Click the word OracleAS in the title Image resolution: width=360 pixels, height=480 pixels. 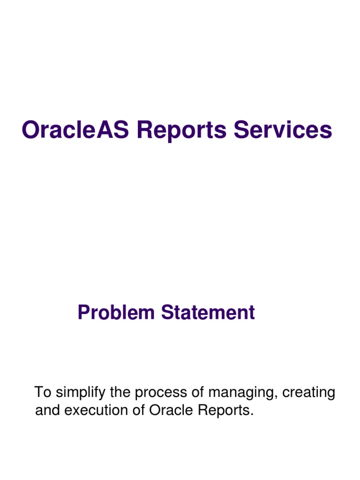click(x=76, y=130)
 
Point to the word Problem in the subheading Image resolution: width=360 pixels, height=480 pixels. click(x=117, y=313)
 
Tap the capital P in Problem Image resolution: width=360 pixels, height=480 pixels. click(x=83, y=313)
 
